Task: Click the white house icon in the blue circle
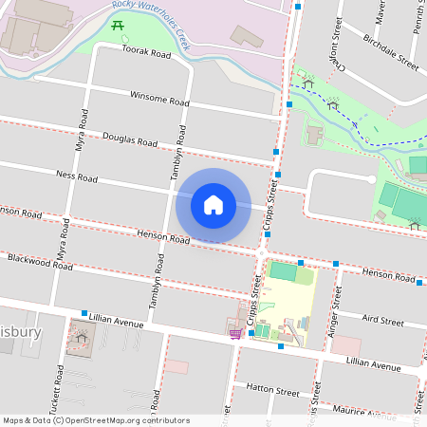(213, 205)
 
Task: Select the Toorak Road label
(146, 54)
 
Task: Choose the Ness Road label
(77, 176)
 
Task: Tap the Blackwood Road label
(39, 261)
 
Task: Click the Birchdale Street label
(390, 53)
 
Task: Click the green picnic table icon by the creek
(117, 24)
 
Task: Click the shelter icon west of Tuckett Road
(81, 336)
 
